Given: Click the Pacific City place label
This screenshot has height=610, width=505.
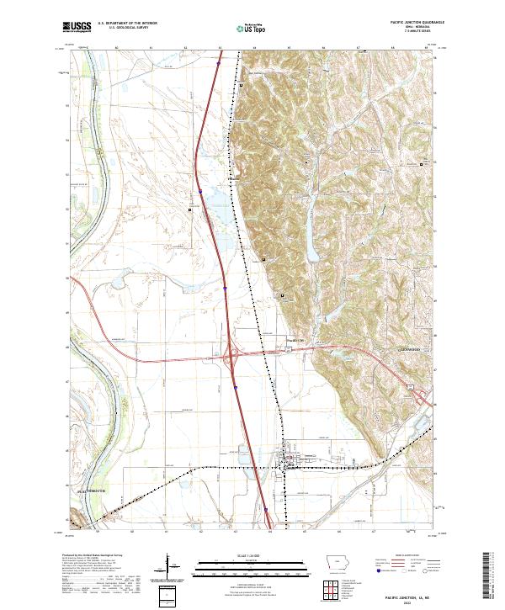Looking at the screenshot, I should click(295, 340).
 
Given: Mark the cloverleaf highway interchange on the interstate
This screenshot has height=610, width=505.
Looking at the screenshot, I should click(231, 358).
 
